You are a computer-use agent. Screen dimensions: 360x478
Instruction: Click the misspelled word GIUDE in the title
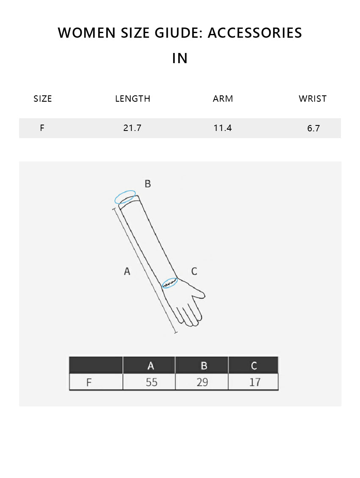tap(179, 33)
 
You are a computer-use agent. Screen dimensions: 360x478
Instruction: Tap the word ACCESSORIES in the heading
tap(255, 33)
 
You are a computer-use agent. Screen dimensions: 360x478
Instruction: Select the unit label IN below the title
tap(180, 58)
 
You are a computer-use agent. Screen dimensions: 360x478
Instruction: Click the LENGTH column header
tap(133, 98)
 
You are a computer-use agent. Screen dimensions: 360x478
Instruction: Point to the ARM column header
tap(223, 98)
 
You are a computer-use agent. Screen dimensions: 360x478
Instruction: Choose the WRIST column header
tap(313, 98)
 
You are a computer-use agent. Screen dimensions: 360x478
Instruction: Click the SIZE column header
tap(43, 98)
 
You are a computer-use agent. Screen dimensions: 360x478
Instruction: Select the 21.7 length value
tap(132, 128)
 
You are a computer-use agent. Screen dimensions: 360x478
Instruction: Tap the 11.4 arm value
tap(223, 128)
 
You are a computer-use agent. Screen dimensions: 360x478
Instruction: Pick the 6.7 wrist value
tap(313, 128)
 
